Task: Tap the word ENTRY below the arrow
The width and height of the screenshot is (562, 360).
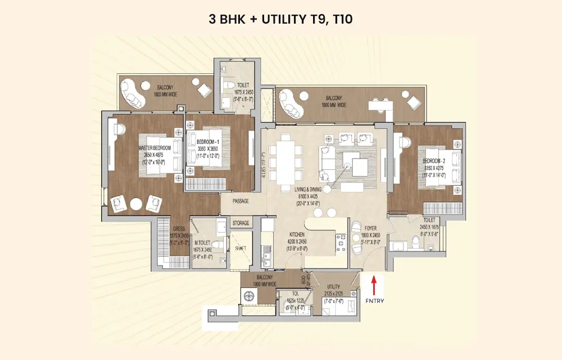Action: click(375, 301)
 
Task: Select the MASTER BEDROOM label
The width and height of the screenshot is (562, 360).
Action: click(154, 148)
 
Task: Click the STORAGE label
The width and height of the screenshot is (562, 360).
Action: click(241, 223)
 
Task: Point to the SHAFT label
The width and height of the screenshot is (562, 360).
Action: click(241, 247)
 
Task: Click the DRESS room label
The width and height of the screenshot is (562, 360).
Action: click(178, 229)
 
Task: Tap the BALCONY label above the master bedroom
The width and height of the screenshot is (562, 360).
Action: click(165, 88)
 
